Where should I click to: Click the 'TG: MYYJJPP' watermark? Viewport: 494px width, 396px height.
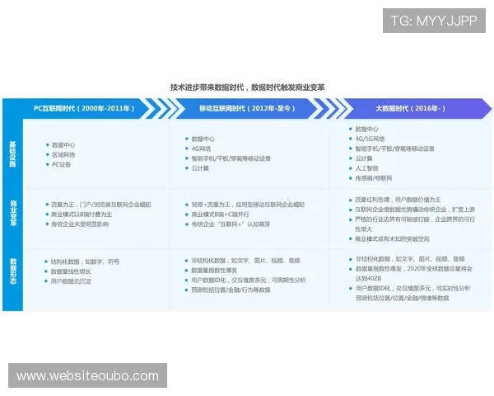pyautogui.click(x=434, y=21)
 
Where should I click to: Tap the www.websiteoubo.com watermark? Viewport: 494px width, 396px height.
pyautogui.click(x=88, y=376)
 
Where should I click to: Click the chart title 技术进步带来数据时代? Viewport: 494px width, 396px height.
pyautogui.click(x=247, y=87)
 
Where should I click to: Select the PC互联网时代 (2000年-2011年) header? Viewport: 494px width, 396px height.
pyautogui.click(x=83, y=109)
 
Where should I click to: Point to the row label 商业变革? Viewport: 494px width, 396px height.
pyautogui.click(x=12, y=211)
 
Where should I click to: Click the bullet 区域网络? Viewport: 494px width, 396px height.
pyautogui.click(x=64, y=154)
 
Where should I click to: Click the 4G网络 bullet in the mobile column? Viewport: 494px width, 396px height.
pyautogui.click(x=203, y=148)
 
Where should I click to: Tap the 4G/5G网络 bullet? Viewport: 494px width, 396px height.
pyautogui.click(x=370, y=139)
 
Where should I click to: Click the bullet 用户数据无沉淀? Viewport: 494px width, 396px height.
pyautogui.click(x=74, y=281)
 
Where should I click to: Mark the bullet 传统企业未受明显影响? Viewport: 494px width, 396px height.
pyautogui.click(x=80, y=224)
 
